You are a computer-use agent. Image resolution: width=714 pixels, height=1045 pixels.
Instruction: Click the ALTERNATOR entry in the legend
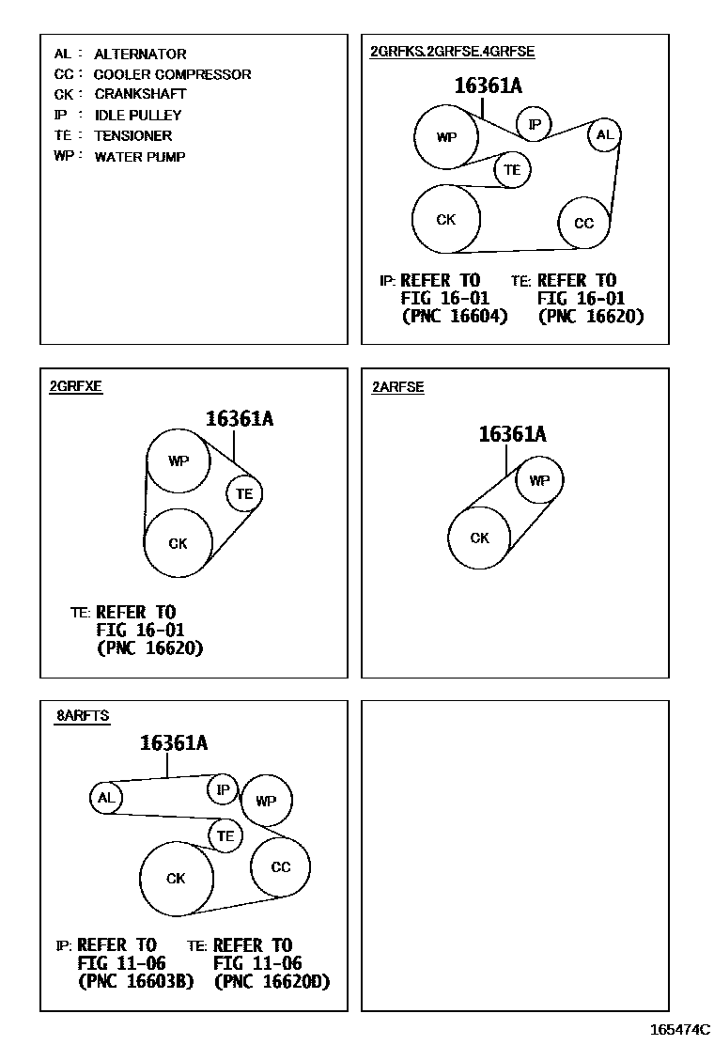[139, 55]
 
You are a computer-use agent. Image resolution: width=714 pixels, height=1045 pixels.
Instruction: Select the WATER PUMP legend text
[139, 157]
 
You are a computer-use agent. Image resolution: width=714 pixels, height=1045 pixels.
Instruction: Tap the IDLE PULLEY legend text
[137, 116]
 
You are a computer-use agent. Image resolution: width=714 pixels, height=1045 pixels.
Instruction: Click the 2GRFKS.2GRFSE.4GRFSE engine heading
[452, 52]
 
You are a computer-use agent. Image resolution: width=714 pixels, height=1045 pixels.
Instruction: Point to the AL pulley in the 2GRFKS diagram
[604, 135]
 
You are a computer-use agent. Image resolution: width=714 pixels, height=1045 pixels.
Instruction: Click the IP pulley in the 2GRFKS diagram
[535, 124]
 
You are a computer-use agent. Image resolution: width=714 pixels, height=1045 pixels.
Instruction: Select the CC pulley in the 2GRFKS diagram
[583, 223]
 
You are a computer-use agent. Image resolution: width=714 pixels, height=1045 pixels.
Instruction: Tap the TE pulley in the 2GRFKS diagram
[512, 170]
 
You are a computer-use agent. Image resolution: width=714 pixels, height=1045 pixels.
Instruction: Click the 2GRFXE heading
[76, 387]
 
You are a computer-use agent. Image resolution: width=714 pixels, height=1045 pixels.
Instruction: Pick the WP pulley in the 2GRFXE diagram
[178, 461]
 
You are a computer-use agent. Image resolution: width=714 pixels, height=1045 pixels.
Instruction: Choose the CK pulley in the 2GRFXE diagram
[178, 543]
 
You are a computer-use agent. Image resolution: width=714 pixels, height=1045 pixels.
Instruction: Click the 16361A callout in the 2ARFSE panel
[512, 434]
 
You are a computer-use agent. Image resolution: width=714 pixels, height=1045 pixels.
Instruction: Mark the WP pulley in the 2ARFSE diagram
[539, 481]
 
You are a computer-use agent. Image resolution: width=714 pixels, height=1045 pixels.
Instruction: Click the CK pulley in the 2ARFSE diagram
[479, 538]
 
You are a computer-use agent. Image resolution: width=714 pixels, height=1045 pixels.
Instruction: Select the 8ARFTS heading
[83, 716]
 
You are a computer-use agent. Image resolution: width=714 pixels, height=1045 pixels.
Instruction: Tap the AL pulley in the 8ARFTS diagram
[105, 799]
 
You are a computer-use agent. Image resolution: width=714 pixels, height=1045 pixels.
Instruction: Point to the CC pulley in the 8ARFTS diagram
[280, 867]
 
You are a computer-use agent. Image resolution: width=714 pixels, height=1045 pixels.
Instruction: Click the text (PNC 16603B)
[136, 982]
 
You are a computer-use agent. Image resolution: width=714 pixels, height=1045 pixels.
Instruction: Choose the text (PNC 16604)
[455, 317]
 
